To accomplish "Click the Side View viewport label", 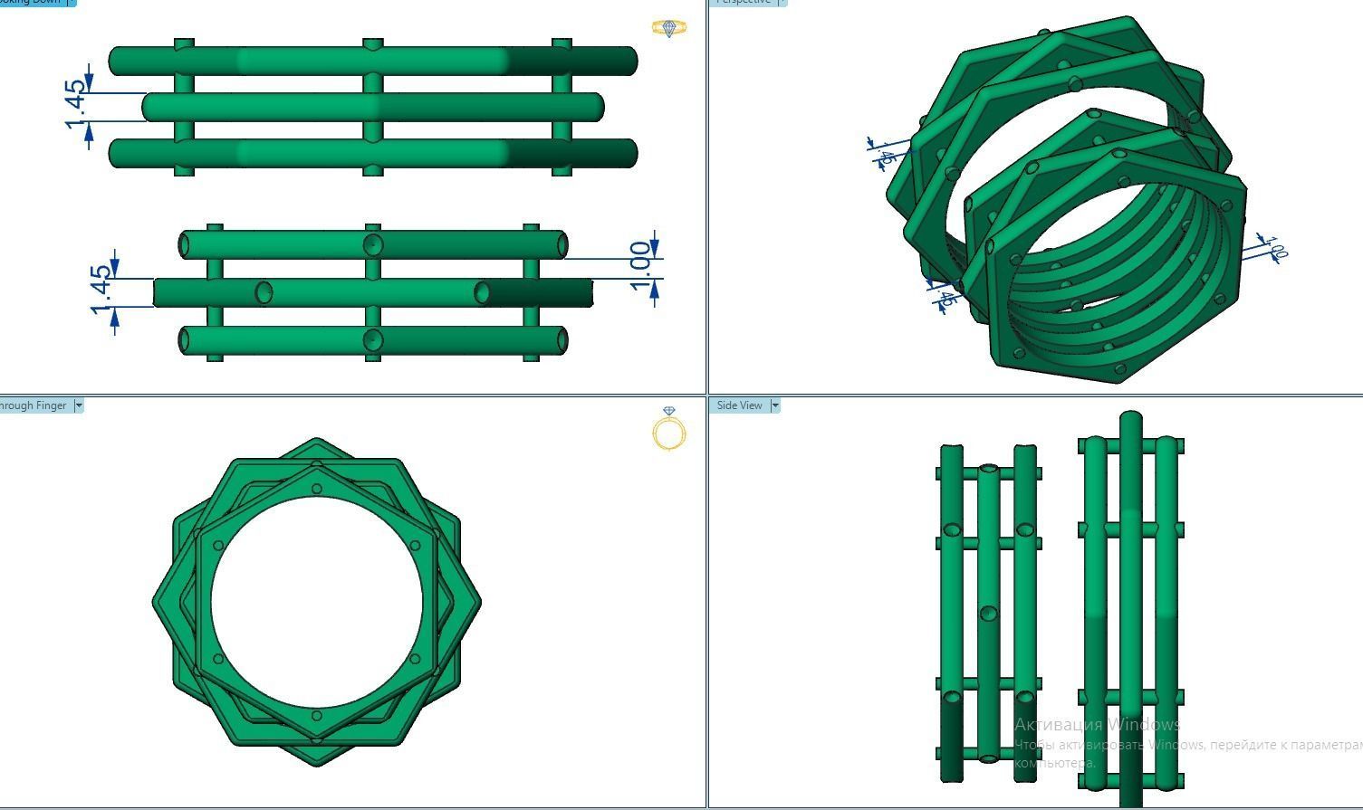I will tap(739, 405).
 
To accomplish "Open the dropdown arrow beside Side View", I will tap(775, 405).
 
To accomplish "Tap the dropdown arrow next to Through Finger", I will tap(79, 405).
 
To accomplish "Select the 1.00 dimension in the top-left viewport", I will tap(641, 266).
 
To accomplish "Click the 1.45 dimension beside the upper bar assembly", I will tap(76, 105).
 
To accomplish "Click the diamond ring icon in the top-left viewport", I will tap(669, 29).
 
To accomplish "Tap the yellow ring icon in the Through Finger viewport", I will tap(669, 431).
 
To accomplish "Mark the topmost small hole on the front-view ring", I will tap(316, 489).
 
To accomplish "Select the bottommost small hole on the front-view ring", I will tap(316, 716).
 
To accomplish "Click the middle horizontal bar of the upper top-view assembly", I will tap(372, 107).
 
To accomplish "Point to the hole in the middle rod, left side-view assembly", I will tap(988, 614).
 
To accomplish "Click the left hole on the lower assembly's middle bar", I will tap(264, 292).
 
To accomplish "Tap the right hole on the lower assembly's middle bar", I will tap(483, 292).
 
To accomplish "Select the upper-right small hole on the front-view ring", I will tap(415, 546).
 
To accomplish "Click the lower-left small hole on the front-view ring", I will tap(218, 659).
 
